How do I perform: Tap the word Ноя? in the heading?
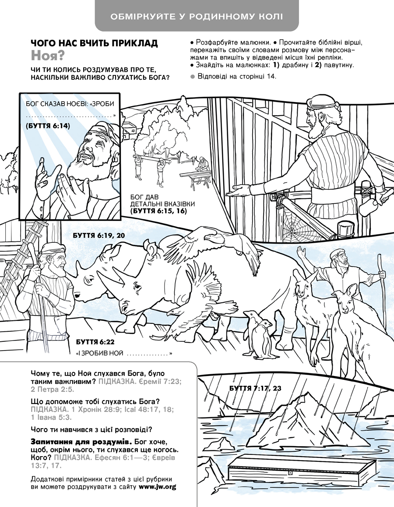coord(48,56)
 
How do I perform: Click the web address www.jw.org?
coord(157,487)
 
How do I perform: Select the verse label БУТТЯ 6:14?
coord(48,126)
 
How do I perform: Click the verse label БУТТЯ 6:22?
coord(95,342)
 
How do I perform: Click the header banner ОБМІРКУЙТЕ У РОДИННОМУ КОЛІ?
coord(197,16)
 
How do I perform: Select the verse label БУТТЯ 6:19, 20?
coord(98,235)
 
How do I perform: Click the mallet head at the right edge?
coord(368,206)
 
